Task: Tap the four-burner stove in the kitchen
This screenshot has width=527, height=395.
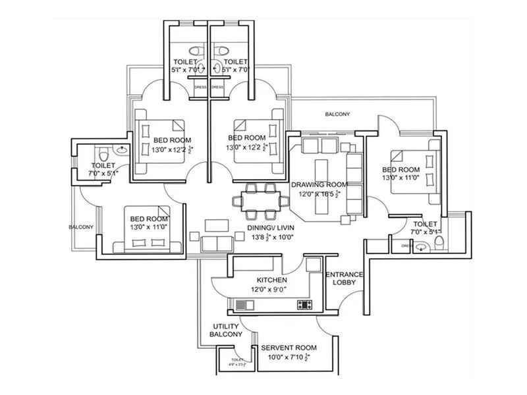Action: coord(305,304)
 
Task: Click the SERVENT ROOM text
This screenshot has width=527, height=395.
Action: coord(289,348)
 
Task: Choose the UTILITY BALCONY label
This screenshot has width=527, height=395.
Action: coord(226,330)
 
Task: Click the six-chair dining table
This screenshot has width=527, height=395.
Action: coord(259,201)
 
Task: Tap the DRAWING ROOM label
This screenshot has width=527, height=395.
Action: coord(319,184)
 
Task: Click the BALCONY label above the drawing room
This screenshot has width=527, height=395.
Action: coord(337,115)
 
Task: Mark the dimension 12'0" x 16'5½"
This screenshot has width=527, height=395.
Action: coord(319,194)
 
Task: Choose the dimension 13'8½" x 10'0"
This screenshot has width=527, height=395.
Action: coord(270,237)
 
